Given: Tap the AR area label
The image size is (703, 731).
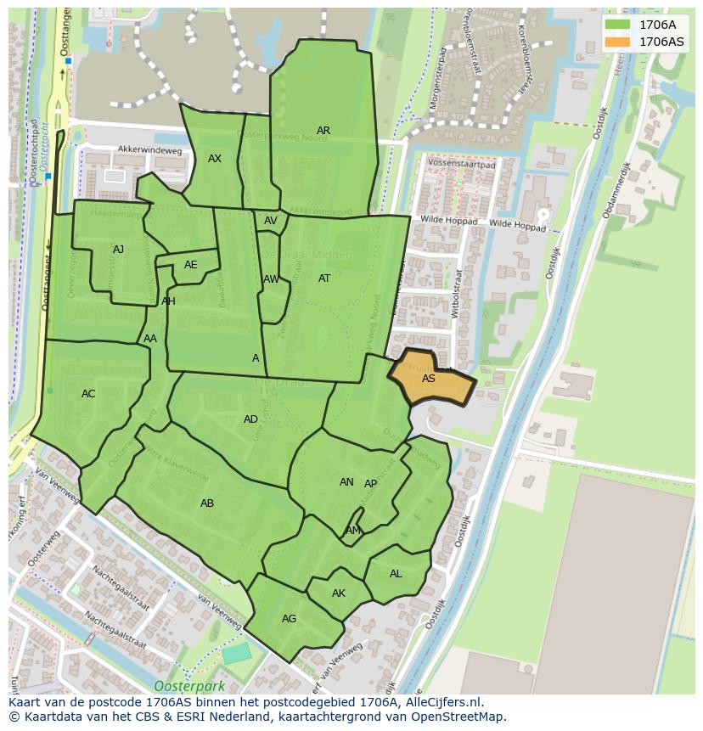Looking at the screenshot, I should click(x=323, y=131).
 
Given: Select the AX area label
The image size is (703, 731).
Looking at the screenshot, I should click(x=215, y=159).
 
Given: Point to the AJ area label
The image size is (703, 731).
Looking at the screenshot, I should click(x=118, y=250).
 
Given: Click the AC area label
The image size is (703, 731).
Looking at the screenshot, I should click(x=88, y=394).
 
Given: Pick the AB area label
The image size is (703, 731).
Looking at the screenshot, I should click(x=207, y=503).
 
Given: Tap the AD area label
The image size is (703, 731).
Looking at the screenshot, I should click(x=250, y=419).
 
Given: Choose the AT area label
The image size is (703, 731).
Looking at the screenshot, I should click(x=324, y=278).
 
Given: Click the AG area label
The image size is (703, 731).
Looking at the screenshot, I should click(x=289, y=619).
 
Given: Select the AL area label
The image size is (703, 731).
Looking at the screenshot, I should click(x=396, y=574).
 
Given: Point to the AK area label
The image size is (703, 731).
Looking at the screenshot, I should click(x=339, y=593).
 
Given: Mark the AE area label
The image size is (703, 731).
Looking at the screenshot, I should click(x=190, y=265).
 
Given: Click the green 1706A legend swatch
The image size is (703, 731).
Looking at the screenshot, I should click(x=617, y=25).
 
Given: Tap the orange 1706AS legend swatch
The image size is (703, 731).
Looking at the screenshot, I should click(x=617, y=42).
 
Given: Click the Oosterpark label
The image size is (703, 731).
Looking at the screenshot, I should click(x=183, y=686).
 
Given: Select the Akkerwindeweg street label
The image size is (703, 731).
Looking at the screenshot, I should click(x=149, y=149).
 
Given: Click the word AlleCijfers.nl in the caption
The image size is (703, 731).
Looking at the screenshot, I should click(x=441, y=702).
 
